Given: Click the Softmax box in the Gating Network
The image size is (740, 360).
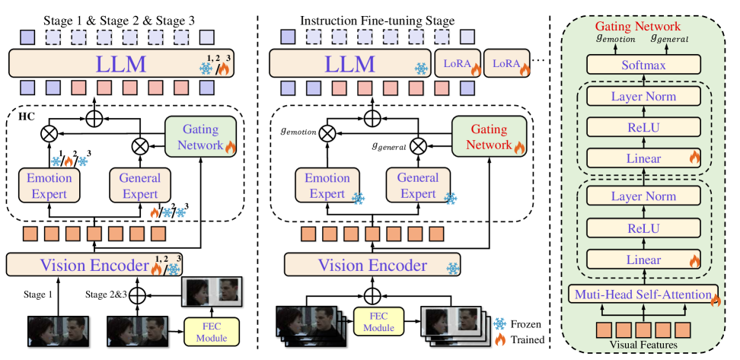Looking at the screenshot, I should point(645,66).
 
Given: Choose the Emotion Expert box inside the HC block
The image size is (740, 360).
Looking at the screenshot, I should point(49,185).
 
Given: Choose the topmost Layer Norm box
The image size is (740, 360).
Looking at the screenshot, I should point(644,97).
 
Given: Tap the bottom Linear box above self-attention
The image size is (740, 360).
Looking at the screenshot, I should point(644,260).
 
